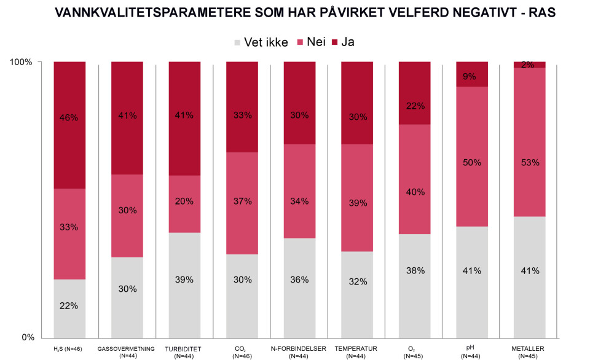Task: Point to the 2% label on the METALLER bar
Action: (x=530, y=65)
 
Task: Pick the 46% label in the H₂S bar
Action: (x=69, y=117)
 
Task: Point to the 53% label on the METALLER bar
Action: (x=530, y=163)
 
